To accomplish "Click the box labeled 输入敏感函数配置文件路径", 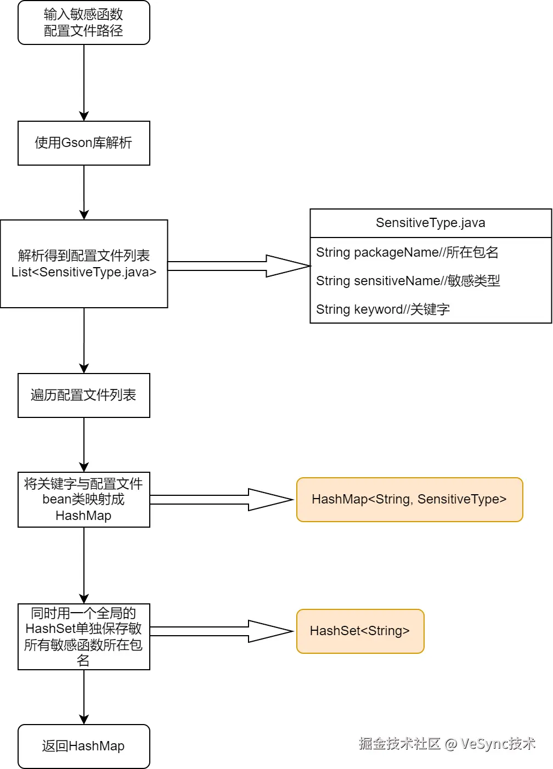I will click(x=83, y=22).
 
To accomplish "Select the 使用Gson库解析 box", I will click(x=83, y=143).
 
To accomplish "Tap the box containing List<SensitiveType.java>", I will click(x=83, y=264).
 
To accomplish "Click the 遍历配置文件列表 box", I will click(x=83, y=395).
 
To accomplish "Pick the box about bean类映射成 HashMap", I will click(x=83, y=500).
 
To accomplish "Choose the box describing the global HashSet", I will click(x=83, y=637).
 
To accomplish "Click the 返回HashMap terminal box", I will click(x=83, y=747).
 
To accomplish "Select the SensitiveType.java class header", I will click(x=431, y=223).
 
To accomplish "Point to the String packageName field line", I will click(x=407, y=252).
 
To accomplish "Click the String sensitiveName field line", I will click(x=408, y=281).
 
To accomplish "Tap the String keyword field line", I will click(x=383, y=309).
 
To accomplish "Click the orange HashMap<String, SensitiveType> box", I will click(x=409, y=500).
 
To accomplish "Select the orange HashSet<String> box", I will click(x=360, y=631).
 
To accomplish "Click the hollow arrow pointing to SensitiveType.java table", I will click(x=239, y=266).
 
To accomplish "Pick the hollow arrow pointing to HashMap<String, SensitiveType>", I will click(x=222, y=500).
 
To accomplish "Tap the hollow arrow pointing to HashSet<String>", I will click(x=222, y=631).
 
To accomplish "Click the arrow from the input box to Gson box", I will click(x=84, y=82).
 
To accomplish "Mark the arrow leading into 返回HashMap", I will click(x=84, y=697).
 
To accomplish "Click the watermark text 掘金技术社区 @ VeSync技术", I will click(x=447, y=744).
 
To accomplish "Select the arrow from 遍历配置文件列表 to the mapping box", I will click(x=84, y=444).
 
